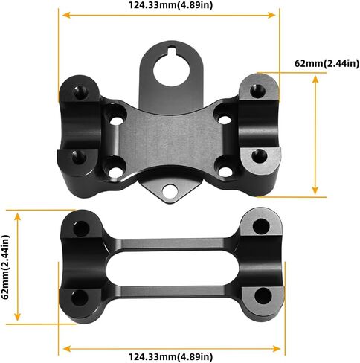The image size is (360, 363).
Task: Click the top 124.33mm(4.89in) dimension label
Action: click(x=170, y=5)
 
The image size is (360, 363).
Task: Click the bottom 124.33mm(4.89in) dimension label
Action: click(x=170, y=357)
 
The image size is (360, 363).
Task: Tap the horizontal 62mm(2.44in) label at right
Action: click(x=327, y=64)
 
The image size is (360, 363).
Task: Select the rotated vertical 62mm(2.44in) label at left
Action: click(x=6, y=267)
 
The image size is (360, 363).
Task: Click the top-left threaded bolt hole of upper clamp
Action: click(x=81, y=92)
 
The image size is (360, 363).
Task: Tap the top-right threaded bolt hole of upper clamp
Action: click(x=257, y=91)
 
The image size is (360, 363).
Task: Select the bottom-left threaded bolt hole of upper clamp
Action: click(x=79, y=158)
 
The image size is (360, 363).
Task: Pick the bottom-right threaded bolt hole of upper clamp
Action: click(x=260, y=156)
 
